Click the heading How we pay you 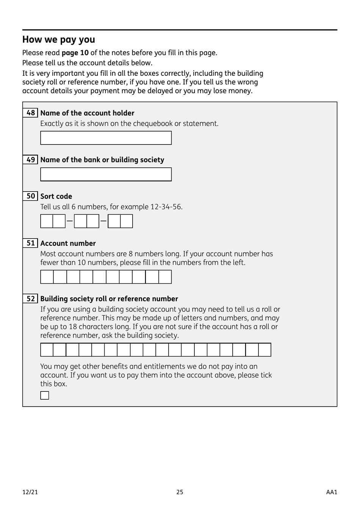point(58,39)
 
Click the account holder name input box point(106,138)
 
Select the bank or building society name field point(106,174)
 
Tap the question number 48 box point(30,113)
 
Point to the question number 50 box point(30,196)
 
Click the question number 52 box point(30,298)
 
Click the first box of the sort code point(47,221)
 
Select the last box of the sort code point(127,221)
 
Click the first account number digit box point(47,277)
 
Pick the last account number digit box point(165,277)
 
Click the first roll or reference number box point(47,350)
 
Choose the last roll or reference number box point(265,350)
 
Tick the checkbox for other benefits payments point(45,396)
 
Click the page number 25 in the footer point(180,492)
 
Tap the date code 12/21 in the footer point(30,492)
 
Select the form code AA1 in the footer point(331,492)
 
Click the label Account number point(68,244)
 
